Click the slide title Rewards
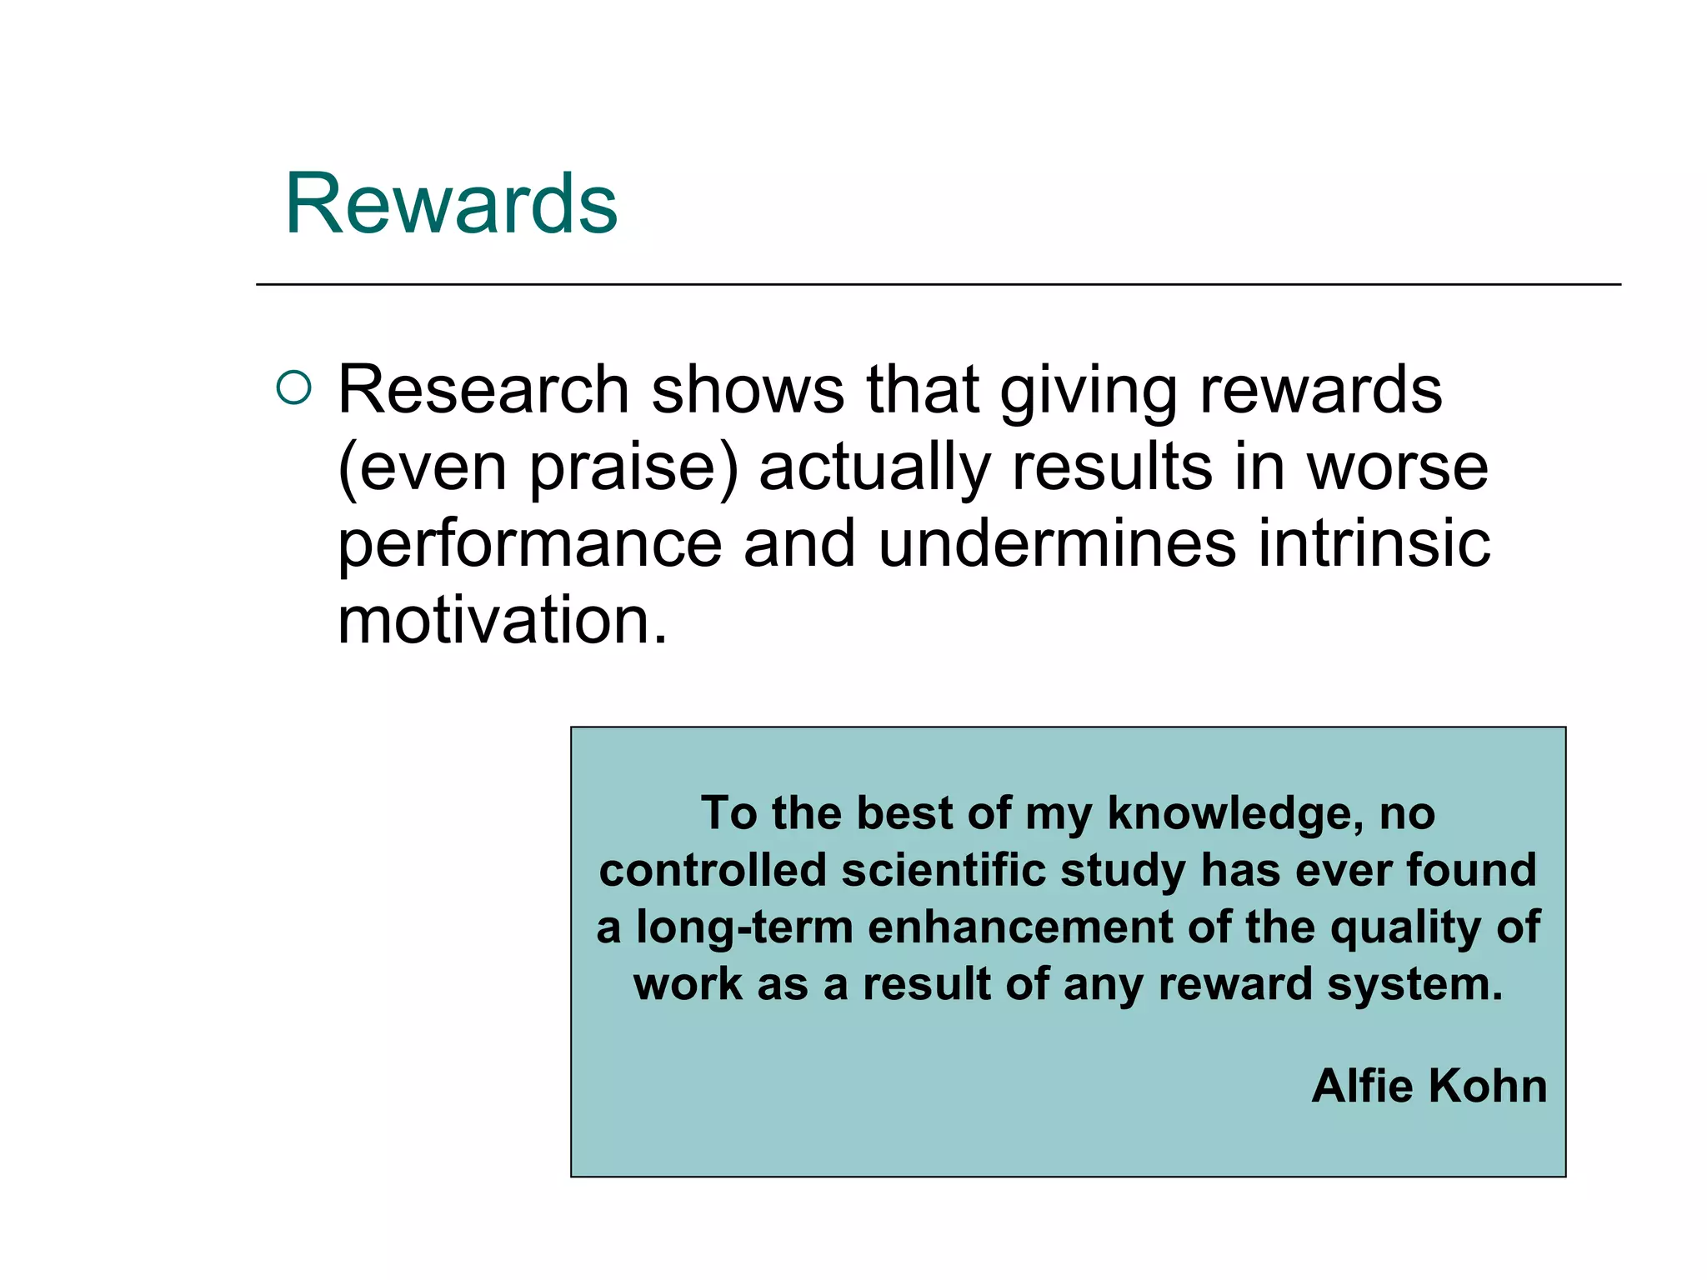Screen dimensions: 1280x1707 (451, 203)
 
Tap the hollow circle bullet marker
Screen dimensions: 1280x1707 (293, 387)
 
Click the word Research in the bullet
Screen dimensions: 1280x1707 (483, 389)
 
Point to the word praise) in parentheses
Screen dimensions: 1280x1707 (634, 468)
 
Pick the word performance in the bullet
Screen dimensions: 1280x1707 (529, 545)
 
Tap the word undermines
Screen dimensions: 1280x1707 (1057, 543)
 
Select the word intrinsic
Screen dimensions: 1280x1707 (1374, 543)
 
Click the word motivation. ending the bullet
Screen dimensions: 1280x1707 (503, 621)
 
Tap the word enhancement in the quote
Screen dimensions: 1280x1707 (1020, 927)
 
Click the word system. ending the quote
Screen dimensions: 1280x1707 (1415, 985)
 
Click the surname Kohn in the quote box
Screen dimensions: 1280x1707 (1488, 1086)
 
